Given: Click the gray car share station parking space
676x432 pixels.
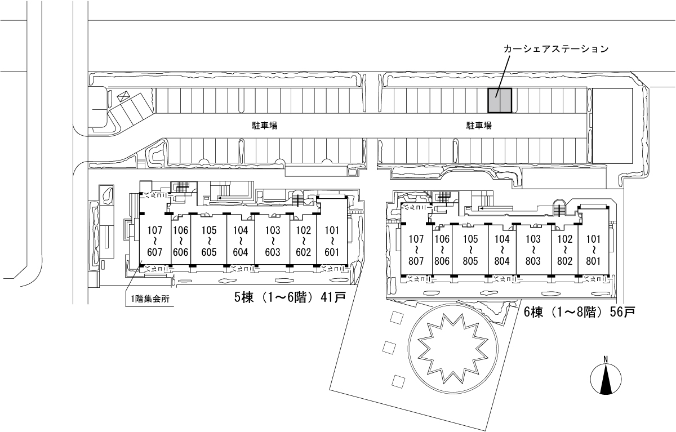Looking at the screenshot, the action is (x=499, y=101).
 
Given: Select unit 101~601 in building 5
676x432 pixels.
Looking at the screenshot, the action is (x=332, y=241).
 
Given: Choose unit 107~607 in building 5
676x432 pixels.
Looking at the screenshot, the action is (x=155, y=241).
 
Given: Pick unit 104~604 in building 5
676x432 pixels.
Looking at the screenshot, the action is (x=241, y=241).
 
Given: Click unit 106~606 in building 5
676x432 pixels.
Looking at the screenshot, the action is (x=180, y=241).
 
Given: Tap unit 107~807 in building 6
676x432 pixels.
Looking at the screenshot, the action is (x=417, y=250).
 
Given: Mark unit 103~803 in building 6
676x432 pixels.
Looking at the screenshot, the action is (x=533, y=250).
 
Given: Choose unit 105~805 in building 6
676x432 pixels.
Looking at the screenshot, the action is (x=470, y=250).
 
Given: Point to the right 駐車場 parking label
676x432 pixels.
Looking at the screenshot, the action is (x=479, y=126).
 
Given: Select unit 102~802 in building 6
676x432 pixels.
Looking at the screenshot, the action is (x=564, y=250).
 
